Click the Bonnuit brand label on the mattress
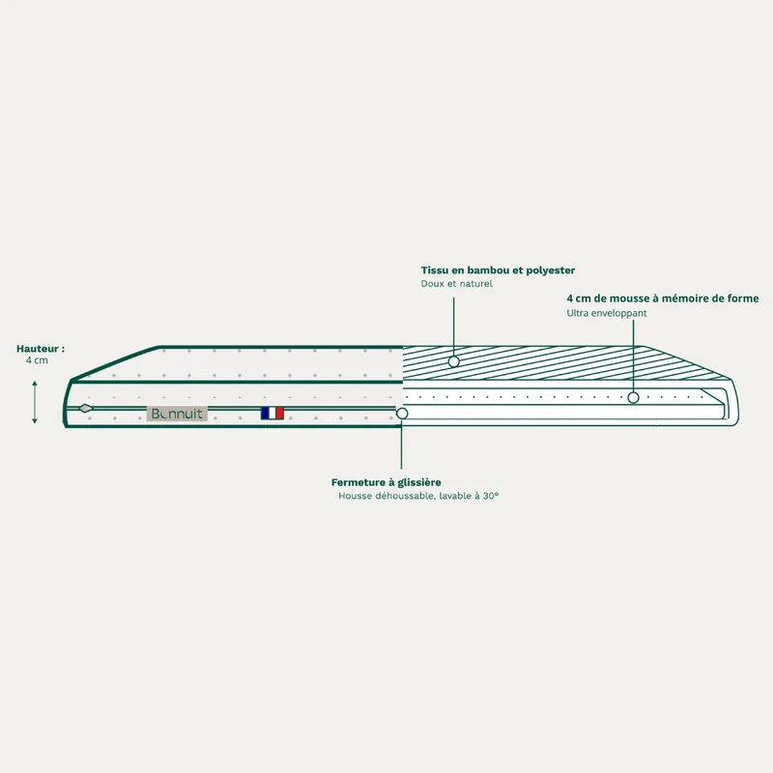point(177,414)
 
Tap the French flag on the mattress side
point(272,414)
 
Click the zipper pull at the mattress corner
point(86,408)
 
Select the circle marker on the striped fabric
point(453,361)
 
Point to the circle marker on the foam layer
point(634,397)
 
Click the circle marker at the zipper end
point(402,414)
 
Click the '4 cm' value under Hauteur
point(37,360)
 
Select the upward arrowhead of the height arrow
point(35,384)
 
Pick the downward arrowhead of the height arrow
point(35,420)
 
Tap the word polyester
point(550,271)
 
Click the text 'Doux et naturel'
point(456,283)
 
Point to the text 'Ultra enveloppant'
point(607,313)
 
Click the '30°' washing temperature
point(491,496)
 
